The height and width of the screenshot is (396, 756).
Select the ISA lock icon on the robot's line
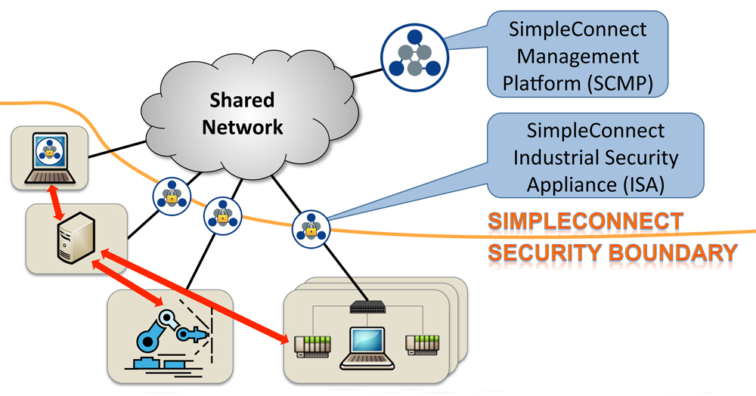pyautogui.click(x=222, y=215)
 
